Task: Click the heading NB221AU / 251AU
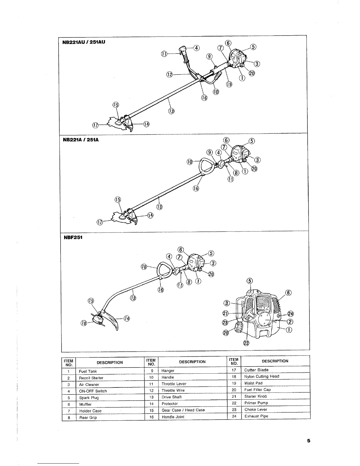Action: pyautogui.click(x=84, y=42)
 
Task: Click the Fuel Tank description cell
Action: pyautogui.click(x=88, y=371)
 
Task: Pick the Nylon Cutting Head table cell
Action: pyautogui.click(x=261, y=376)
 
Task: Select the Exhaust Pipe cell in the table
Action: pyautogui.click(x=256, y=416)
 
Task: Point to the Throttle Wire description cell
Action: pyautogui.click(x=173, y=390)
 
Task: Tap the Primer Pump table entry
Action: pyautogui.click(x=256, y=403)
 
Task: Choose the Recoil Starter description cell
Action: pyautogui.click(x=91, y=378)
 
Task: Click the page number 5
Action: pyautogui.click(x=308, y=440)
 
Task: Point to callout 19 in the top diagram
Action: pyautogui.click(x=229, y=85)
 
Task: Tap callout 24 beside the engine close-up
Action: pyautogui.click(x=291, y=314)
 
